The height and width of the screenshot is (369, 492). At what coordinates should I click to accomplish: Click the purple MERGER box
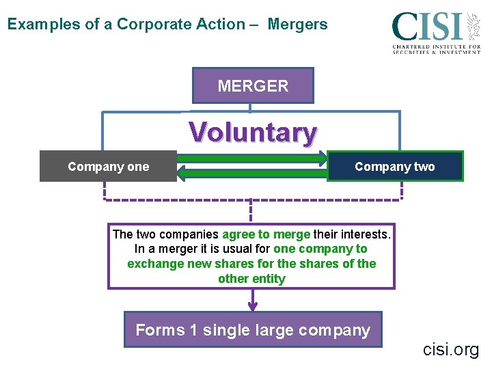coord(253,86)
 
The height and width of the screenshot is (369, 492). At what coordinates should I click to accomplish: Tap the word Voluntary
coord(253,132)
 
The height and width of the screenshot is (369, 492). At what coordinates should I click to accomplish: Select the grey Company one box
coord(108,166)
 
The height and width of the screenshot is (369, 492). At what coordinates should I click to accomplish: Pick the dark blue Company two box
coord(395,166)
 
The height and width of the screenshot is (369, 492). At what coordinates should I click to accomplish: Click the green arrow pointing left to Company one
coord(253,174)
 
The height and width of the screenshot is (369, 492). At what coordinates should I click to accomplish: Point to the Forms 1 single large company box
coord(253,330)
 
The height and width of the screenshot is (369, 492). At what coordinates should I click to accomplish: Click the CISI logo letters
coord(427,27)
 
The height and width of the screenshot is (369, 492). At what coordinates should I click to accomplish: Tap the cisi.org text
coord(451,350)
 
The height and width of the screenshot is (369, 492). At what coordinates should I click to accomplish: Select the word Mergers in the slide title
coord(297,25)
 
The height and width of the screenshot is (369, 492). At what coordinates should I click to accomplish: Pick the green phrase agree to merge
coord(266,234)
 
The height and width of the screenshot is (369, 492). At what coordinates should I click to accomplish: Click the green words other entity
coord(251,278)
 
